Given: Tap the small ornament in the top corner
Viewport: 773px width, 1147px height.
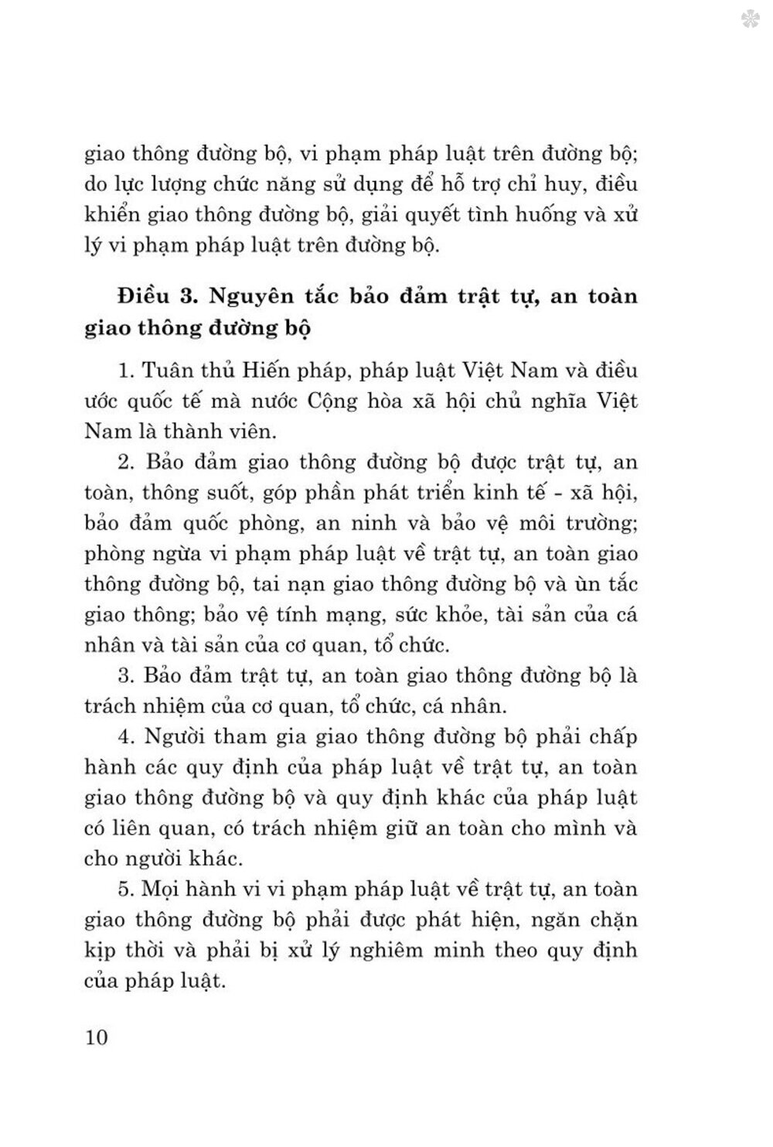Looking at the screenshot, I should pos(748,21).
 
